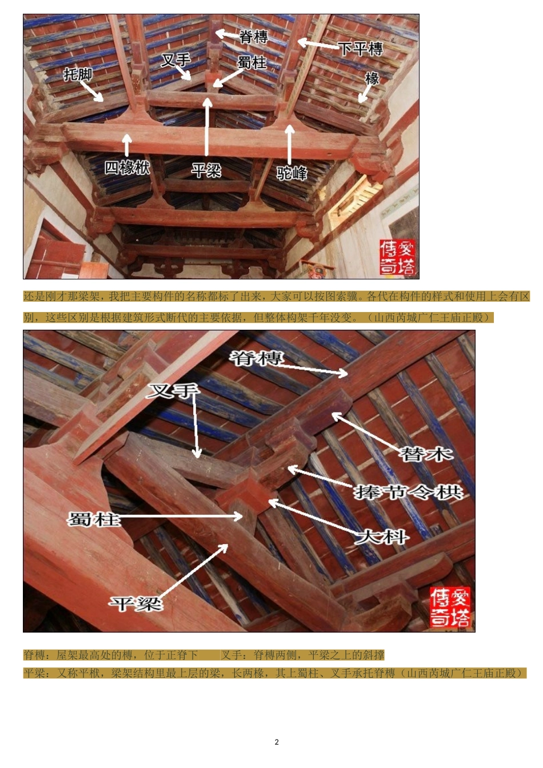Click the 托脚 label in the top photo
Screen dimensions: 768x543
pyautogui.click(x=78, y=74)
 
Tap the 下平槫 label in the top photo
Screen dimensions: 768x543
pyautogui.click(x=360, y=49)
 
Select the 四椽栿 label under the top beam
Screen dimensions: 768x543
pyautogui.click(x=127, y=167)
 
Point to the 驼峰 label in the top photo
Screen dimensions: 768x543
pyautogui.click(x=292, y=173)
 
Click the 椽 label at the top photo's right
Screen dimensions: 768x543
pyautogui.click(x=372, y=78)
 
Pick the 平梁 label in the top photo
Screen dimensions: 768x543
pyautogui.click(x=206, y=170)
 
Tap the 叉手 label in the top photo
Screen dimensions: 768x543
pyautogui.click(x=175, y=60)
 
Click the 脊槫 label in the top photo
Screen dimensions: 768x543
pyautogui.click(x=253, y=37)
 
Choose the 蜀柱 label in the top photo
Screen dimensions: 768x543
pyautogui.click(x=252, y=62)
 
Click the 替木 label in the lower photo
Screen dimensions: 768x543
pyautogui.click(x=426, y=455)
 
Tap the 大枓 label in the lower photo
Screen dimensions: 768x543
pyautogui.click(x=381, y=537)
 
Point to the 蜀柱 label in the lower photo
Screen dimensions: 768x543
pyautogui.click(x=94, y=519)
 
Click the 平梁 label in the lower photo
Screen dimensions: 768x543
pyautogui.click(x=136, y=603)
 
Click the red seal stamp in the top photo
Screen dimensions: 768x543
pyautogui.click(x=398, y=258)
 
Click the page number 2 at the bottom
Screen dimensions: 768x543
pyautogui.click(x=277, y=742)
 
